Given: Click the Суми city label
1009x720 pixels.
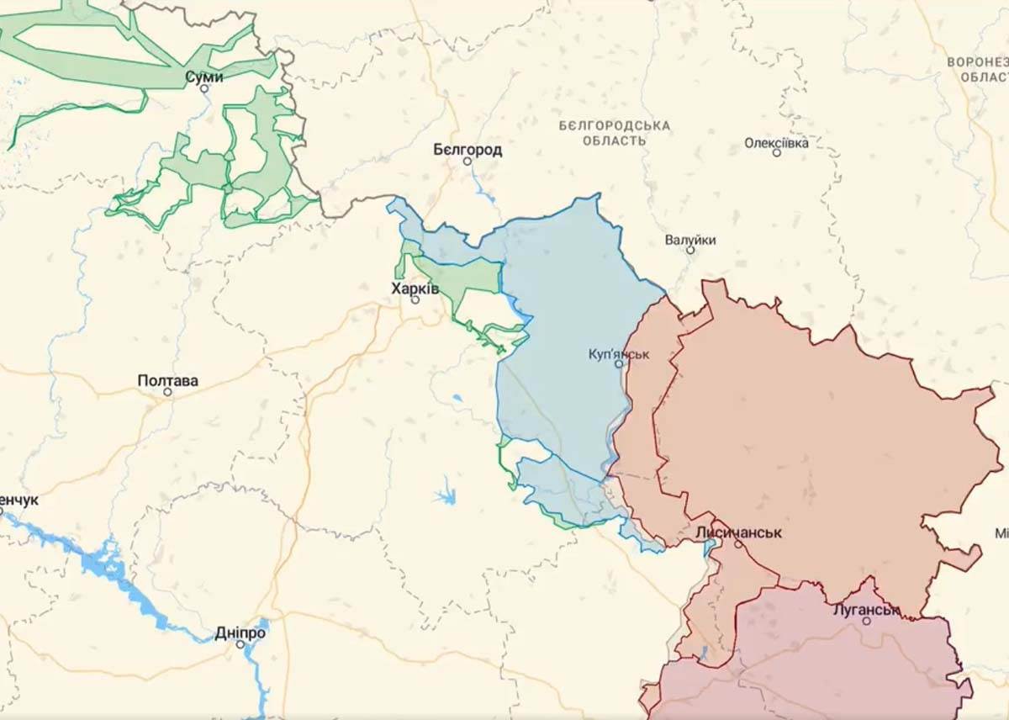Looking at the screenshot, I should (x=204, y=77).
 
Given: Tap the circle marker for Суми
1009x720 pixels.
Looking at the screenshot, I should (x=203, y=88).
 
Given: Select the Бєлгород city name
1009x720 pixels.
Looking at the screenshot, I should (x=468, y=150).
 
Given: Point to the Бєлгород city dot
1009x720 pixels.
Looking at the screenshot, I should (x=468, y=161).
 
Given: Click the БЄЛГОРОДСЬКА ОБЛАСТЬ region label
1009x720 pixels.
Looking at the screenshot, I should (x=615, y=133).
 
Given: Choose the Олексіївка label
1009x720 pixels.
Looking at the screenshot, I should (x=776, y=142).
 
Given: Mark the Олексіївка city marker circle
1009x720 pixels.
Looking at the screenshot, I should (x=776, y=153).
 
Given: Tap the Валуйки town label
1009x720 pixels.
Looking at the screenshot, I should (x=690, y=240).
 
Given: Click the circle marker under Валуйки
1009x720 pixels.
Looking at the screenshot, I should (x=690, y=251).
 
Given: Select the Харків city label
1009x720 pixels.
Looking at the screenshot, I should (x=415, y=288).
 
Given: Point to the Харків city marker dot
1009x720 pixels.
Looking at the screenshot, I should (x=415, y=299).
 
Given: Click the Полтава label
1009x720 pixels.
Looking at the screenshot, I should (x=168, y=380).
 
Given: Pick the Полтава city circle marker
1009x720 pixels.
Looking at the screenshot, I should (x=167, y=392).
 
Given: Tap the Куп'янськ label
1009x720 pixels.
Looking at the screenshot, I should (x=619, y=353).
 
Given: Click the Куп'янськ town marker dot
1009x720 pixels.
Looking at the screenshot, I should (x=619, y=364).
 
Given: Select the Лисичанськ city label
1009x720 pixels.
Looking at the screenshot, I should (x=738, y=532).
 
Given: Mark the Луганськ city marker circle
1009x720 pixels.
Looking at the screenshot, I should (x=866, y=621).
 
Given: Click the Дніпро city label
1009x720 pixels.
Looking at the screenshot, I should (x=240, y=633).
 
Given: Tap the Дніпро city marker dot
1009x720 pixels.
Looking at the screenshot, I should (x=240, y=644).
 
